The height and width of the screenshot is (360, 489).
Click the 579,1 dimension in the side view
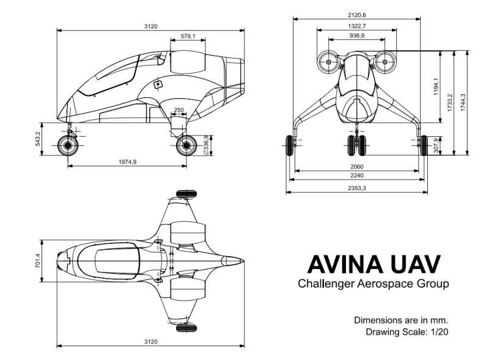point(188,37)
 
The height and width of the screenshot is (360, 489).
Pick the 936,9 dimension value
point(356,36)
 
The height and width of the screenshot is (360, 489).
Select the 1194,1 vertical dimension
point(436,87)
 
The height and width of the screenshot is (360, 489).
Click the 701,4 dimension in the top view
point(38,261)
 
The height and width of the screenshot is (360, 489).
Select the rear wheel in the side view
point(185,145)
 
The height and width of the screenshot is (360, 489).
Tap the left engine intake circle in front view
point(328,62)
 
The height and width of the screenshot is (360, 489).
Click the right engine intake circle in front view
point(385,62)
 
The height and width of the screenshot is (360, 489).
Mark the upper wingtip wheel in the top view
point(186,194)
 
